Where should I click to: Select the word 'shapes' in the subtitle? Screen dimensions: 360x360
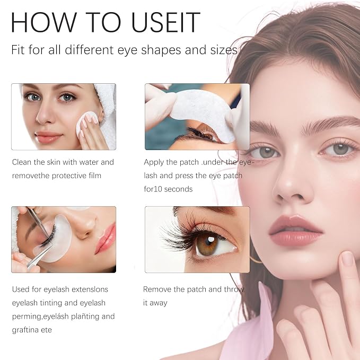pos(161,50)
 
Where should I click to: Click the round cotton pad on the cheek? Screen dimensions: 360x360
pos(86,124)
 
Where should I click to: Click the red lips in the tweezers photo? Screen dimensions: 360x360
pos(105,238)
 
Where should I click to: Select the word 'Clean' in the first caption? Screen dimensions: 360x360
pos(22,162)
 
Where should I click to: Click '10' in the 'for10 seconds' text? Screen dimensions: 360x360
pos(158,189)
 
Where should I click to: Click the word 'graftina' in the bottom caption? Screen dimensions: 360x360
pos(25,330)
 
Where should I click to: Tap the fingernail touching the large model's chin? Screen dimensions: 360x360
pos(346,259)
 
